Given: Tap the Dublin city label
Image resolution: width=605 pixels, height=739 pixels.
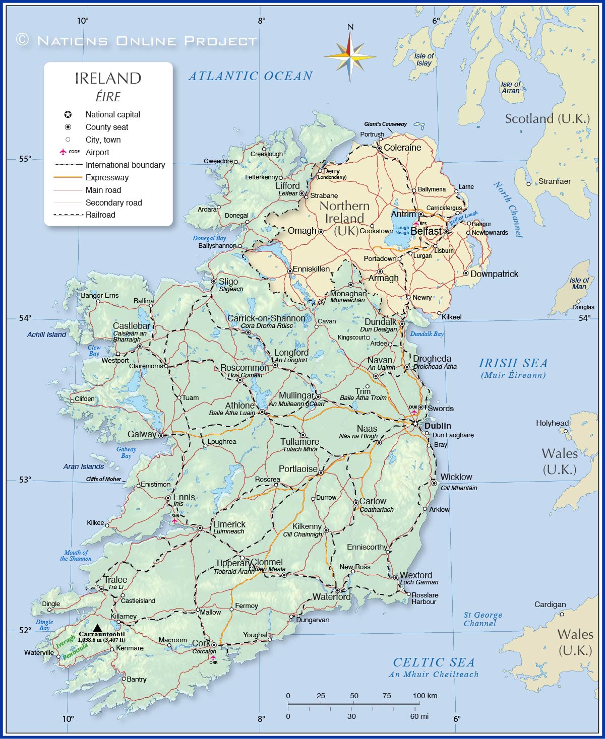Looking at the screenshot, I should (438, 426).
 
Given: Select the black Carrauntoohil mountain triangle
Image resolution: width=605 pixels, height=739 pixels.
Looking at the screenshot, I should (97, 627).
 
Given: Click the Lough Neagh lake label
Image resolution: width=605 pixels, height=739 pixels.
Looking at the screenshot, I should (402, 230).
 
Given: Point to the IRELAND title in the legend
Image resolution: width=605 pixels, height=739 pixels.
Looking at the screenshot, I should (108, 78).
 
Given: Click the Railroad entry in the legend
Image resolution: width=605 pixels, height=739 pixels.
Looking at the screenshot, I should (100, 215).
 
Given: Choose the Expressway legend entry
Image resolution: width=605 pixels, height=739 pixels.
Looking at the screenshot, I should (107, 177).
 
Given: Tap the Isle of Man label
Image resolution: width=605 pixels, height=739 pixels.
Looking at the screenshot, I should (579, 283).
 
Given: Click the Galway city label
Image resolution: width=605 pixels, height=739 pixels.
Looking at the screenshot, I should (142, 434).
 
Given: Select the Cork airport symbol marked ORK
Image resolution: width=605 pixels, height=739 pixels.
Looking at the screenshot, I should (213, 657).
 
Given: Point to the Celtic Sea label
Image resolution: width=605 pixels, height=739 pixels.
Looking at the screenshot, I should (434, 662).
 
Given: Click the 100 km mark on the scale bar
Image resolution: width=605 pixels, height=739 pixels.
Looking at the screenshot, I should (425, 696).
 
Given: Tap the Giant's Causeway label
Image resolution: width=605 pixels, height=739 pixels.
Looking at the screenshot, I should (385, 124).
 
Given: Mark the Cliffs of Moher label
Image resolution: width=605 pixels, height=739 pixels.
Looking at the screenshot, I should (103, 479).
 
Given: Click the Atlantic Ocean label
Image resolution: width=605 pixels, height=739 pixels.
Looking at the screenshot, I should (251, 76).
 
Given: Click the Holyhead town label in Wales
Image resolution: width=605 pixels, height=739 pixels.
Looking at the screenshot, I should (552, 423).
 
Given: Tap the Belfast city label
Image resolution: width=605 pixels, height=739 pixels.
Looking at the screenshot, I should (426, 231).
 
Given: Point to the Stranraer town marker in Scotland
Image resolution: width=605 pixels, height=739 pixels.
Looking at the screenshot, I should (529, 184).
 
